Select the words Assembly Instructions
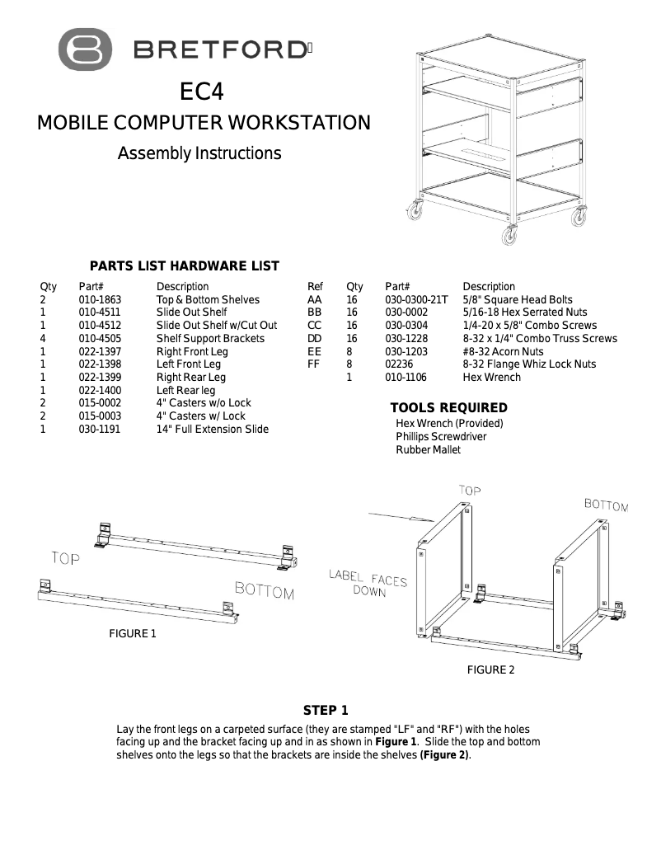point(199,153)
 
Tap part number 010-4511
point(100,312)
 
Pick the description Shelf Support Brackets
point(210,338)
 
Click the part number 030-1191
point(100,429)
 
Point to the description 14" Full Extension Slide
point(212,429)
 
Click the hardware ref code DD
point(314,338)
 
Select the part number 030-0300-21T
point(416,299)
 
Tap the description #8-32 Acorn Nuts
point(503,351)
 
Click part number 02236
point(400,364)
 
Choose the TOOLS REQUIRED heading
point(448,408)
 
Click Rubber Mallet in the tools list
point(428,449)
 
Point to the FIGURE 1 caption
point(133,634)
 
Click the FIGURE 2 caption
point(490,670)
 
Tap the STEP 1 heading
point(326,711)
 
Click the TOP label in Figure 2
point(469,491)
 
